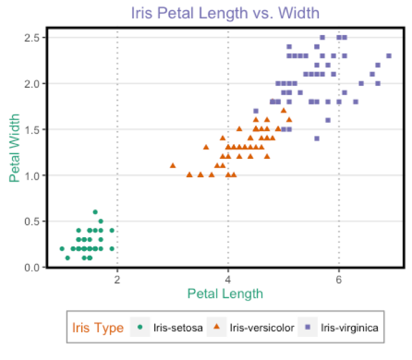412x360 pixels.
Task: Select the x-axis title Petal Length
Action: tap(225, 293)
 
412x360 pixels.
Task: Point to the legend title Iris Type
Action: tap(98, 327)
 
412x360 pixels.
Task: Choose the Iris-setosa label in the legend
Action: tap(178, 327)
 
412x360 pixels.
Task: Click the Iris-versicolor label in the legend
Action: tap(261, 327)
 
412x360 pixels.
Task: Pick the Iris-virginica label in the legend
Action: tap(349, 327)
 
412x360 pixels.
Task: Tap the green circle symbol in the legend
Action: tap(139, 327)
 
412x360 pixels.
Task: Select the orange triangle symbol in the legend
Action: tap(216, 327)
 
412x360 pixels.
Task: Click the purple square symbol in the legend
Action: tap(307, 327)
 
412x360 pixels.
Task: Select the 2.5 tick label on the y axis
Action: tap(31, 37)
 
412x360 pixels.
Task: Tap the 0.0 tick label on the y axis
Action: tap(31, 267)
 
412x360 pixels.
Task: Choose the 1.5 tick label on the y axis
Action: tap(31, 129)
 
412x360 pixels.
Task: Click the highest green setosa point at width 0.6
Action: tap(95, 212)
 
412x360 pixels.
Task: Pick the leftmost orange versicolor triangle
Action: tap(173, 165)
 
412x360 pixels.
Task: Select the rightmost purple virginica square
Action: tap(389, 56)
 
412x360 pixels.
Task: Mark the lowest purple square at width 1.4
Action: tap(317, 138)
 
